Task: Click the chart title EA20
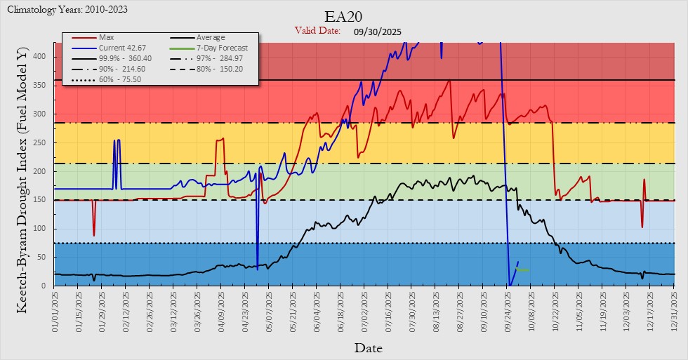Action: click(344, 16)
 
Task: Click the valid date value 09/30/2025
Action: click(378, 32)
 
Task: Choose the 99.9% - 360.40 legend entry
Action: click(126, 58)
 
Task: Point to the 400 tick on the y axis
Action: click(44, 56)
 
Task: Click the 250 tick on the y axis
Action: click(44, 142)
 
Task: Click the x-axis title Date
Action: click(368, 347)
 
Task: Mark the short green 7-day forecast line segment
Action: click(523, 270)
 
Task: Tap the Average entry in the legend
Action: click(211, 37)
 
